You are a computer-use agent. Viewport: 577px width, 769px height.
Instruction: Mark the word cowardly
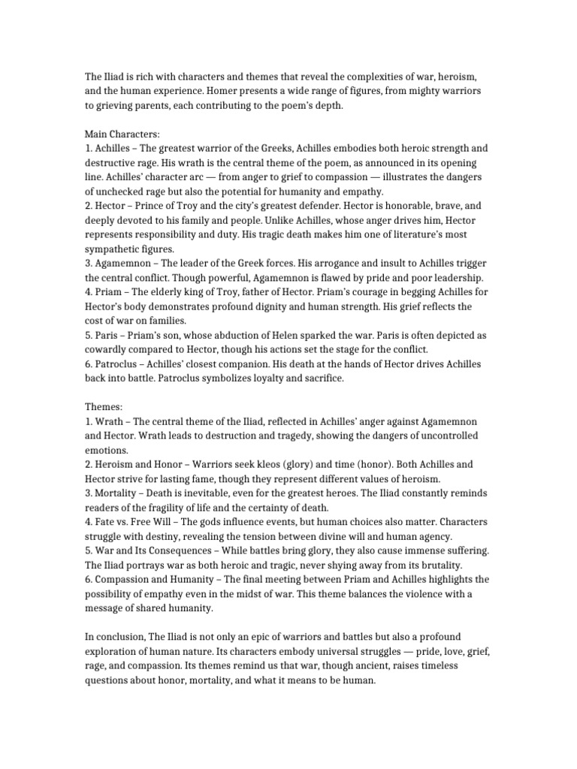click(108, 349)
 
